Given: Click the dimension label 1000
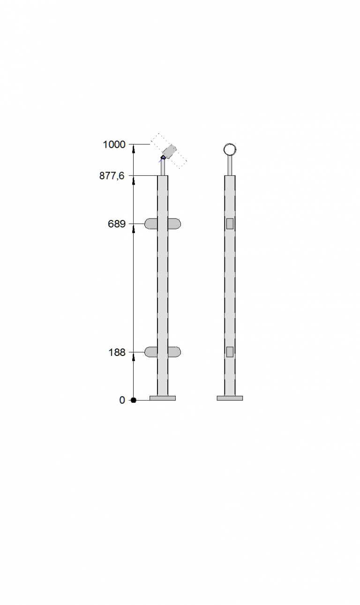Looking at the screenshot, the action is [114, 144].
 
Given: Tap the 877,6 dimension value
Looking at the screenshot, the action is [112, 176].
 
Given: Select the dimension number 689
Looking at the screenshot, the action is [117, 224].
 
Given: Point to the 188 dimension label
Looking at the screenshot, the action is [117, 353].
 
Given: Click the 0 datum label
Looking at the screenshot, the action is [122, 400].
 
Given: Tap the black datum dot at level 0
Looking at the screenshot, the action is [133, 400].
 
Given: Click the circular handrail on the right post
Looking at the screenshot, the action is [230, 144].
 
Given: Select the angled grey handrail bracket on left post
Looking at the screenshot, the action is [169, 151].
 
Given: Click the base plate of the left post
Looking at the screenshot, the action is [163, 398].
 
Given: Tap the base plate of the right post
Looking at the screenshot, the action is [230, 398].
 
